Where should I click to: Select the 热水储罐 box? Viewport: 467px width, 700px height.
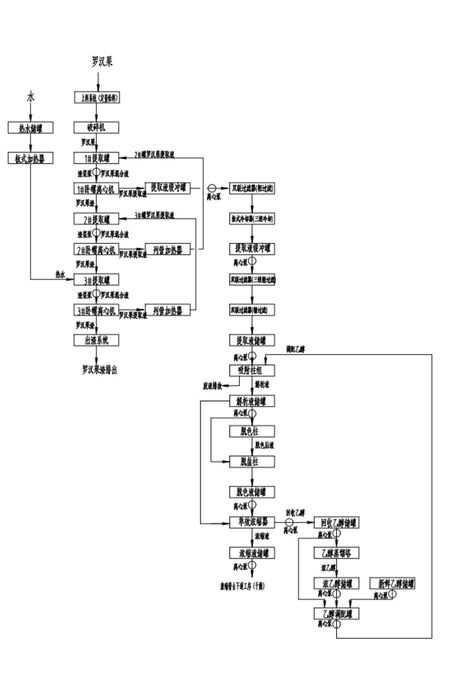(x=30, y=127)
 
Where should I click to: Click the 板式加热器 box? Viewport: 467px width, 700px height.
(x=30, y=157)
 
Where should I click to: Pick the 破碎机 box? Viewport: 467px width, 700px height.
(x=97, y=127)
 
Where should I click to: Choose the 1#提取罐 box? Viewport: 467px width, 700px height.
(x=97, y=157)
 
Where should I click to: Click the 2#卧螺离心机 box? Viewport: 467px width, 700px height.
(x=97, y=250)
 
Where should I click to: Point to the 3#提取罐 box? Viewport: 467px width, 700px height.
(x=97, y=279)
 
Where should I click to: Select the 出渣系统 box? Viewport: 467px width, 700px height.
(x=97, y=339)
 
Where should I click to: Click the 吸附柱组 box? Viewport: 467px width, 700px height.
(x=252, y=370)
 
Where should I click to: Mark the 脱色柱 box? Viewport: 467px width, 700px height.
(x=252, y=431)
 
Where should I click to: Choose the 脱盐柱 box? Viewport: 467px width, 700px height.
(x=252, y=461)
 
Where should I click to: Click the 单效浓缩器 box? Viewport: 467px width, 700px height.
(x=252, y=522)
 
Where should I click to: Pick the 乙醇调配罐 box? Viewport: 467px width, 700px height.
(x=336, y=613)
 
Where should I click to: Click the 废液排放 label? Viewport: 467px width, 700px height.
(x=212, y=386)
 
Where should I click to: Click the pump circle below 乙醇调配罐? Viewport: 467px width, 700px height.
(x=337, y=624)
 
